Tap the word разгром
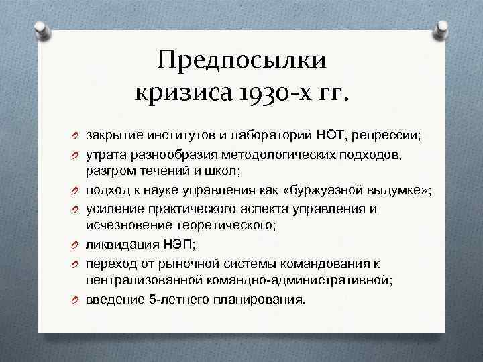click(109, 172)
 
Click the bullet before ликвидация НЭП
click(76, 245)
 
